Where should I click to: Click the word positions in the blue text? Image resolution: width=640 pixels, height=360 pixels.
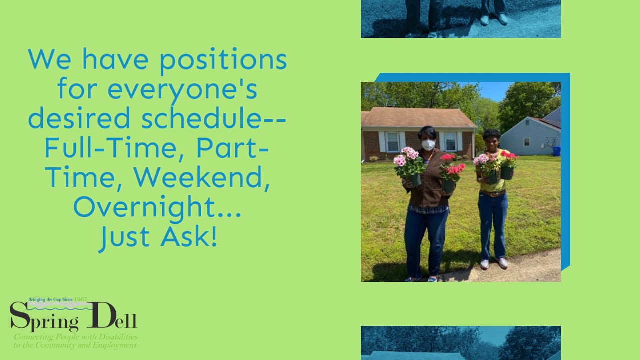click(223, 60)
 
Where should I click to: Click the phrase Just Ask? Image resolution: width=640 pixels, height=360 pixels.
click(158, 236)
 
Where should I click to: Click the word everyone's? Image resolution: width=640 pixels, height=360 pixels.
click(182, 90)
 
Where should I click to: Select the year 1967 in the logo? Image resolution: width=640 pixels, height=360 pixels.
click(80, 300)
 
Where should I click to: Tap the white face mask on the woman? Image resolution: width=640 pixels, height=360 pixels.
click(428, 145)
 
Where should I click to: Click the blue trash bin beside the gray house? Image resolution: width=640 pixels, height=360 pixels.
click(556, 151)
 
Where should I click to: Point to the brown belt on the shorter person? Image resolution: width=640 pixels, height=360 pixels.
click(492, 193)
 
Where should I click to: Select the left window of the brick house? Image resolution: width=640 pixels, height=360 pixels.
click(392, 142)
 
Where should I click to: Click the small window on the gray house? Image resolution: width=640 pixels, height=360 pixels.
click(526, 142)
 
